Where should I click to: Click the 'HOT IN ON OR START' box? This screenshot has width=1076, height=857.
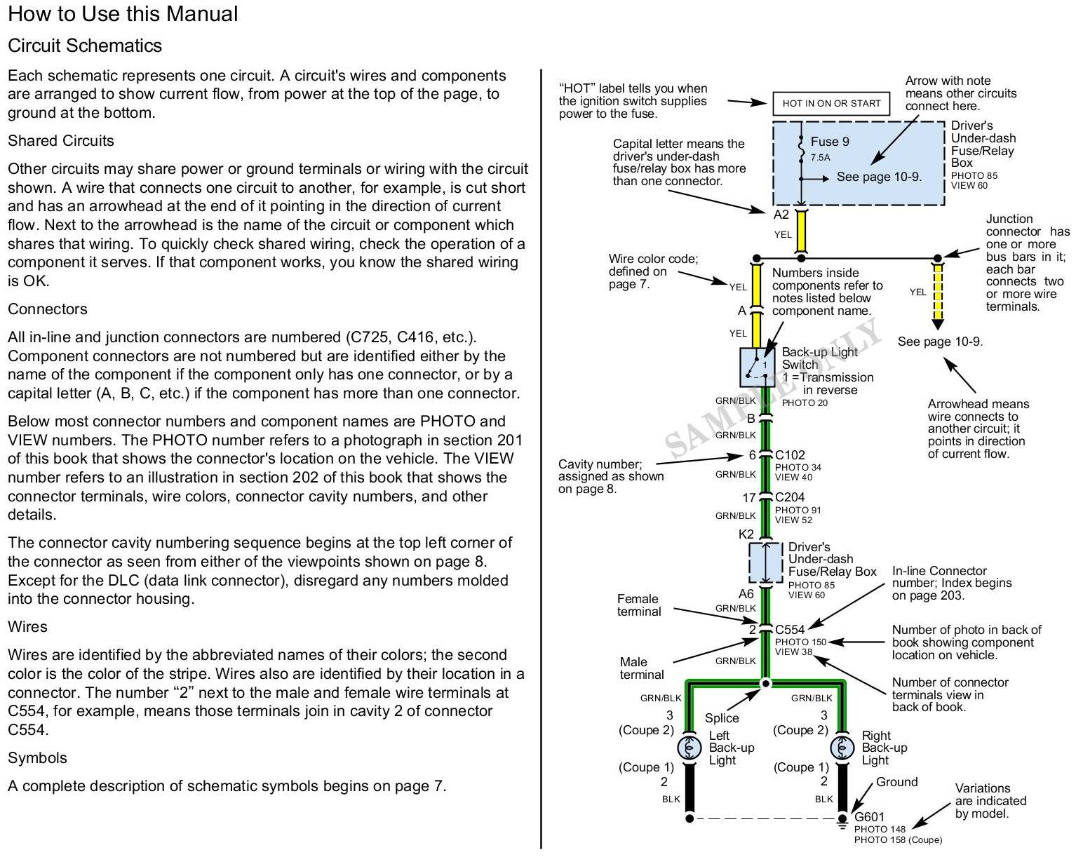click(831, 104)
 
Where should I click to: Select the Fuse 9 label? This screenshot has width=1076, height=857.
click(830, 142)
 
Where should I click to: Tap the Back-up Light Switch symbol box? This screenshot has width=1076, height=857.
click(757, 366)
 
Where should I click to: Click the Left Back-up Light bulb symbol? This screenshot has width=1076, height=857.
click(690, 748)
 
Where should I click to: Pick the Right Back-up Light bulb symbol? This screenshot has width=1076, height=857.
click(842, 748)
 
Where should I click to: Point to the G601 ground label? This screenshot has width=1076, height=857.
click(869, 817)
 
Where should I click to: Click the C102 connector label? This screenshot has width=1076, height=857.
click(790, 455)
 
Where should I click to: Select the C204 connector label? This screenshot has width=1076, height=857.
click(790, 497)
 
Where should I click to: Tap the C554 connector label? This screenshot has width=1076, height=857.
click(790, 630)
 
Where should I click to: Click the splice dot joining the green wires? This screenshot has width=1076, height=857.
click(766, 683)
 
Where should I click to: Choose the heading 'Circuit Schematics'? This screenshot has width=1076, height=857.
click(85, 46)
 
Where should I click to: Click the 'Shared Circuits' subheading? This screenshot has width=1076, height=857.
click(61, 141)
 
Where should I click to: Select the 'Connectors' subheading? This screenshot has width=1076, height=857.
click(48, 309)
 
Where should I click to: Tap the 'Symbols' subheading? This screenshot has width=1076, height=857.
click(37, 758)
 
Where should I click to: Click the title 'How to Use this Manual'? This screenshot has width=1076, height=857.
click(123, 14)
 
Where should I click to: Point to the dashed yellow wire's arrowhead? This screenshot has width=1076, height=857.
click(938, 324)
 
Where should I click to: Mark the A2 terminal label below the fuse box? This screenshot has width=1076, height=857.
click(781, 215)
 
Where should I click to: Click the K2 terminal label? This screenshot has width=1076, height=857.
click(746, 534)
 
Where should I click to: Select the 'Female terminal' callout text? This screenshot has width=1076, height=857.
click(638, 605)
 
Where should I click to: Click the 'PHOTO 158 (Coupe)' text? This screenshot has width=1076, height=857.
click(898, 840)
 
